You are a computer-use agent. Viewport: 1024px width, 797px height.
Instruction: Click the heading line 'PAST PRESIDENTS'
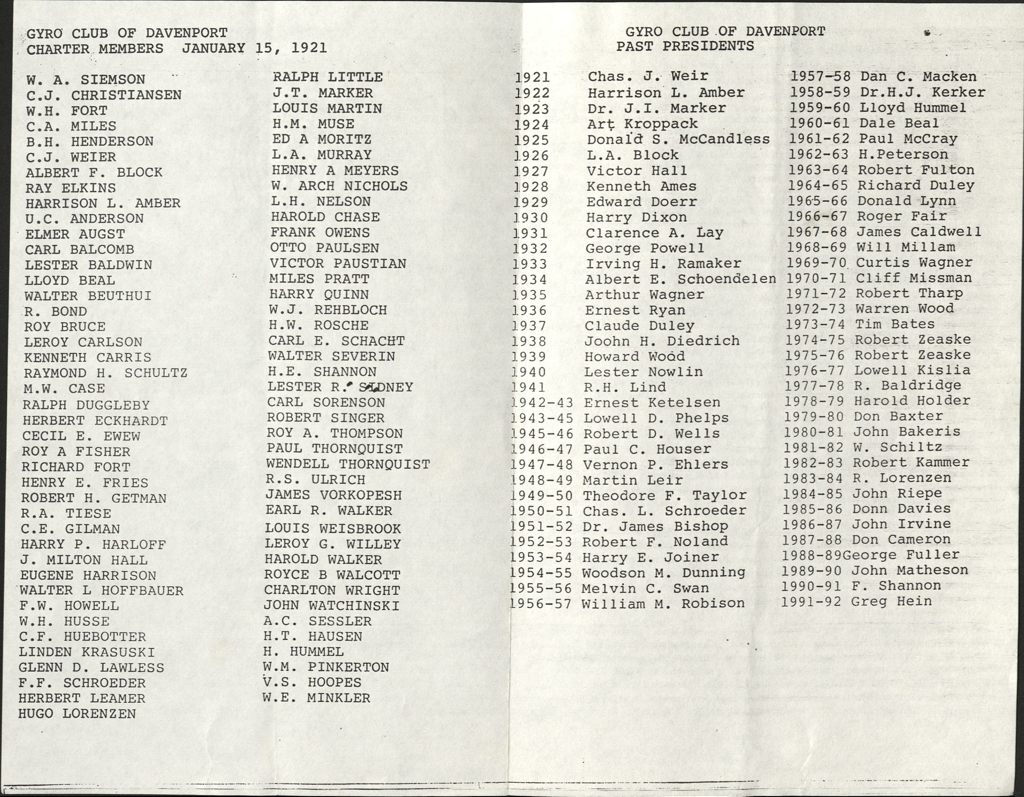pyautogui.click(x=685, y=46)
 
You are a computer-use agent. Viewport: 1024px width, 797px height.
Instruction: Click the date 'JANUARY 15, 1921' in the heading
pyautogui.click(x=255, y=48)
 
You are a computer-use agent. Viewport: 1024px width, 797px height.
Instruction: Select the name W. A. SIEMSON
pyautogui.click(x=86, y=80)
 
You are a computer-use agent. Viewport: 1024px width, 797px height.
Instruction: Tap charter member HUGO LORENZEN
pyautogui.click(x=77, y=714)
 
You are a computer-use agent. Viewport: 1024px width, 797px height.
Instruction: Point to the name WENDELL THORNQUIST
pyautogui.click(x=348, y=464)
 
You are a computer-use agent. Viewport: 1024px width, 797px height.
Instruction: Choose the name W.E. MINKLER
pyautogui.click(x=316, y=698)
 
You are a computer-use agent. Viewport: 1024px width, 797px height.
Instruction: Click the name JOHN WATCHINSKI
pyautogui.click(x=332, y=605)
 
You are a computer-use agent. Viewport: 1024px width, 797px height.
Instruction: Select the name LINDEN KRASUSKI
pyautogui.click(x=87, y=652)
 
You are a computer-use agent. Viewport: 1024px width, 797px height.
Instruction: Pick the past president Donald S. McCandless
pyautogui.click(x=678, y=139)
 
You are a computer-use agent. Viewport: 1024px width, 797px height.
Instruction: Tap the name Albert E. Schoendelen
pyautogui.click(x=680, y=279)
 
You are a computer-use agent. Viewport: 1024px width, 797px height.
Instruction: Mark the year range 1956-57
pyautogui.click(x=541, y=604)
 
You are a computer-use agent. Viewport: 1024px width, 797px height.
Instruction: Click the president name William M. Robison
pyautogui.click(x=663, y=603)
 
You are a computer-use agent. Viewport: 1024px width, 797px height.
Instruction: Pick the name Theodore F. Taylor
pyautogui.click(x=665, y=495)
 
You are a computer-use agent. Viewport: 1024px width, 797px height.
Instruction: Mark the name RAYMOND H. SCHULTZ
pyautogui.click(x=105, y=373)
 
